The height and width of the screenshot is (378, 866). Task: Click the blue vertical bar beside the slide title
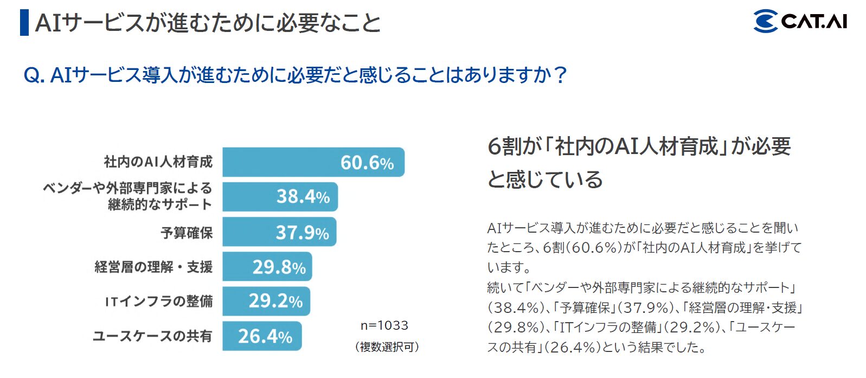coord(24,22)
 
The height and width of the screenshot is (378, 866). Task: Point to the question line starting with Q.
coord(296,74)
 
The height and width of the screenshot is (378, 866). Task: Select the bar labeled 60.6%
coord(313,162)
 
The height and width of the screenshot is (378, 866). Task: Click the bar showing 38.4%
coord(280,196)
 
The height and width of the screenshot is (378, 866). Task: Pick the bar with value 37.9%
coord(279,232)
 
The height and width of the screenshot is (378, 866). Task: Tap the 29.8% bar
coord(267,267)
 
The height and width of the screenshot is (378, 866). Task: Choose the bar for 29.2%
coord(266,301)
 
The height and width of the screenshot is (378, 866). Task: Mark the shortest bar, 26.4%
coord(261,336)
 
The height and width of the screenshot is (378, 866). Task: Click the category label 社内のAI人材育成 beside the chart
coord(158,162)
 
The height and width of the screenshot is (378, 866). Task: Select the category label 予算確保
coord(187,233)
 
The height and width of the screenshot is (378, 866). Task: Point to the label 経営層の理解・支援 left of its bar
coord(153,267)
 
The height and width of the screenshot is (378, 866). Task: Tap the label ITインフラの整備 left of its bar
coord(159,301)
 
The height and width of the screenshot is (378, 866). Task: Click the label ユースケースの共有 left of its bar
coord(152,336)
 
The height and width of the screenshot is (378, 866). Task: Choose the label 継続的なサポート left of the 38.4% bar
coord(160,204)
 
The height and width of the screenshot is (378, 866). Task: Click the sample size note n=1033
coord(384,325)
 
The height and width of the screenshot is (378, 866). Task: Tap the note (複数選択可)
coord(387,347)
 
